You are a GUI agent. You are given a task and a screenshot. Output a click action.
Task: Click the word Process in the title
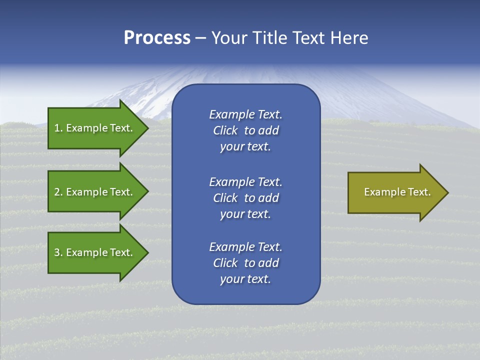coord(157,38)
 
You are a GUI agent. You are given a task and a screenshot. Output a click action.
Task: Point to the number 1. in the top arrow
coord(58,128)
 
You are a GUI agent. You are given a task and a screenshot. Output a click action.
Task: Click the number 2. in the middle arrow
coord(58,192)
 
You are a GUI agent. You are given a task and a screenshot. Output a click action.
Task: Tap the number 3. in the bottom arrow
coord(58,252)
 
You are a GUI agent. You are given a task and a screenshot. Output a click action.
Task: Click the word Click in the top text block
coord(225,130)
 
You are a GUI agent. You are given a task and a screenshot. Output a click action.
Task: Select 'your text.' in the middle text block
coord(245,214)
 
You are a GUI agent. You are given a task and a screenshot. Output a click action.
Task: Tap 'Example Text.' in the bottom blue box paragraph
coord(245,247)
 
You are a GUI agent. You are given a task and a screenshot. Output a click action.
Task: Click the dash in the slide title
coord(200,38)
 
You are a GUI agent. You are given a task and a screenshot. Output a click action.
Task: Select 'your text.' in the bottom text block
coord(245,279)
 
